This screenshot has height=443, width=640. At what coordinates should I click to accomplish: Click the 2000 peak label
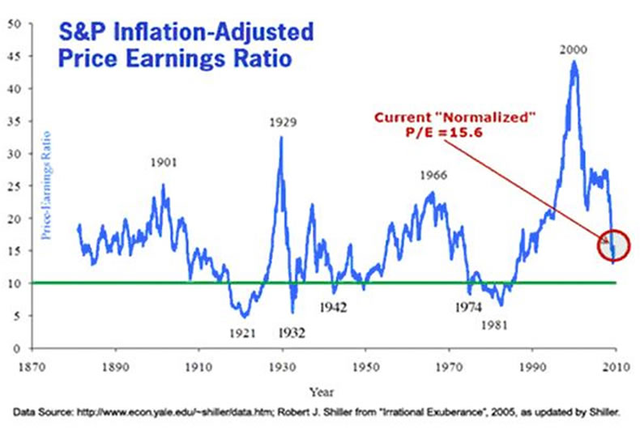[573, 50]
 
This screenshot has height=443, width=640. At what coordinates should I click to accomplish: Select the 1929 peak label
[282, 123]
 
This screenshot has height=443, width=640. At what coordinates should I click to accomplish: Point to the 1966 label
[434, 175]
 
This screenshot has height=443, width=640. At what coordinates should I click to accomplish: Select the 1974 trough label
[468, 308]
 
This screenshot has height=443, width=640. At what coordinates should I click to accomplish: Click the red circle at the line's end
[613, 245]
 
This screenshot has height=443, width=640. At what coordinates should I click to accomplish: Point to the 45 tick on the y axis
[15, 56]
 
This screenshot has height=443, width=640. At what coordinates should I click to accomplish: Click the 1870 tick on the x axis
[31, 364]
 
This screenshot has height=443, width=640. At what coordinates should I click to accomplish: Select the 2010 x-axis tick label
[617, 364]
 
